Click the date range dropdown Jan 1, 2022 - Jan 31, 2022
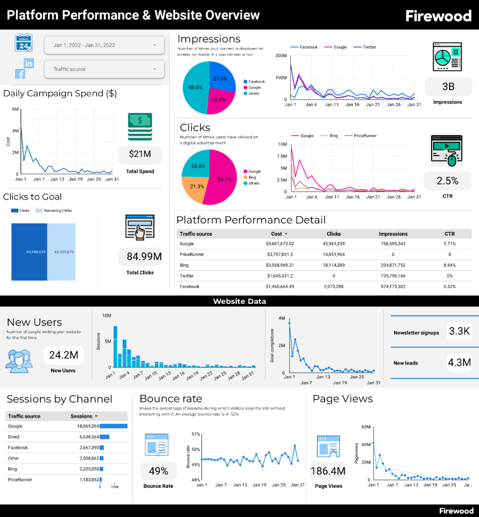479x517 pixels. pyautogui.click(x=104, y=45)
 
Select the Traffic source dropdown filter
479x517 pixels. pyautogui.click(x=104, y=69)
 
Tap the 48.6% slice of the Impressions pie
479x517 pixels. pyautogui.click(x=195, y=88)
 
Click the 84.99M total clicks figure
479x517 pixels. pyautogui.click(x=144, y=256)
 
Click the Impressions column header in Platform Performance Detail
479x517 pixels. pyautogui.click(x=393, y=234)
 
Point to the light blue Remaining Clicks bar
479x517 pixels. pyautogui.click(x=62, y=251)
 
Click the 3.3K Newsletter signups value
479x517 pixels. pyautogui.click(x=459, y=331)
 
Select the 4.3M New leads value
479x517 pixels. pyautogui.click(x=459, y=363)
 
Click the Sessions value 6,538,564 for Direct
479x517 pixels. pyautogui.click(x=85, y=437)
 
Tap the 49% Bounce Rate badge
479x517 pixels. pyautogui.click(x=158, y=471)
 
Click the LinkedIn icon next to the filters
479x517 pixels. pyautogui.click(x=29, y=63)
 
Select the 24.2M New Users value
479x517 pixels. pyautogui.click(x=63, y=355)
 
